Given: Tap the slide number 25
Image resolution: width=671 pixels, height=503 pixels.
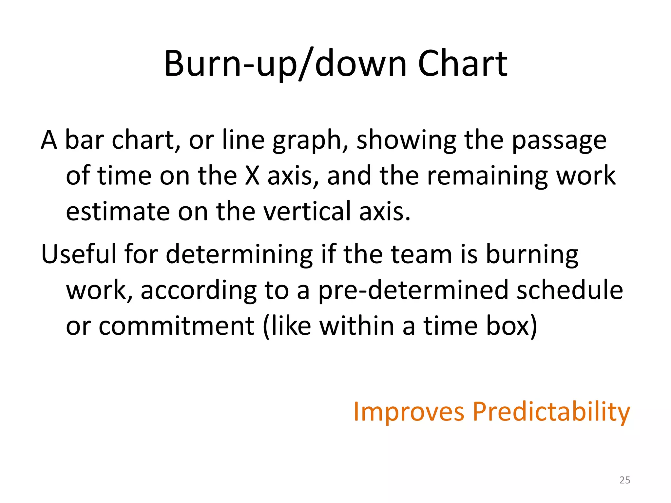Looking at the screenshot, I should pos(625,480).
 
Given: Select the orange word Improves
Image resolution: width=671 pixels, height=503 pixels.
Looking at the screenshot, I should pos(409,411).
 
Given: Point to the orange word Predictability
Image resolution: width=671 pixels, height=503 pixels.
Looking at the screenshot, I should pos(551,412).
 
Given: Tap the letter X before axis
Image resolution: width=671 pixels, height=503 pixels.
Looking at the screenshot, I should pos(252,176).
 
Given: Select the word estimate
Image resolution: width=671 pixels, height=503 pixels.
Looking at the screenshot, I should pos(118,212).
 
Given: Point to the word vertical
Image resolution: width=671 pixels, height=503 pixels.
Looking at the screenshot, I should pos(307,212).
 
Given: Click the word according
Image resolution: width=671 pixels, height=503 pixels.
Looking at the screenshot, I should pos(199,291).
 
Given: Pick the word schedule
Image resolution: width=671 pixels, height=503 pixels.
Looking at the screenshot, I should pos(570,290).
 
